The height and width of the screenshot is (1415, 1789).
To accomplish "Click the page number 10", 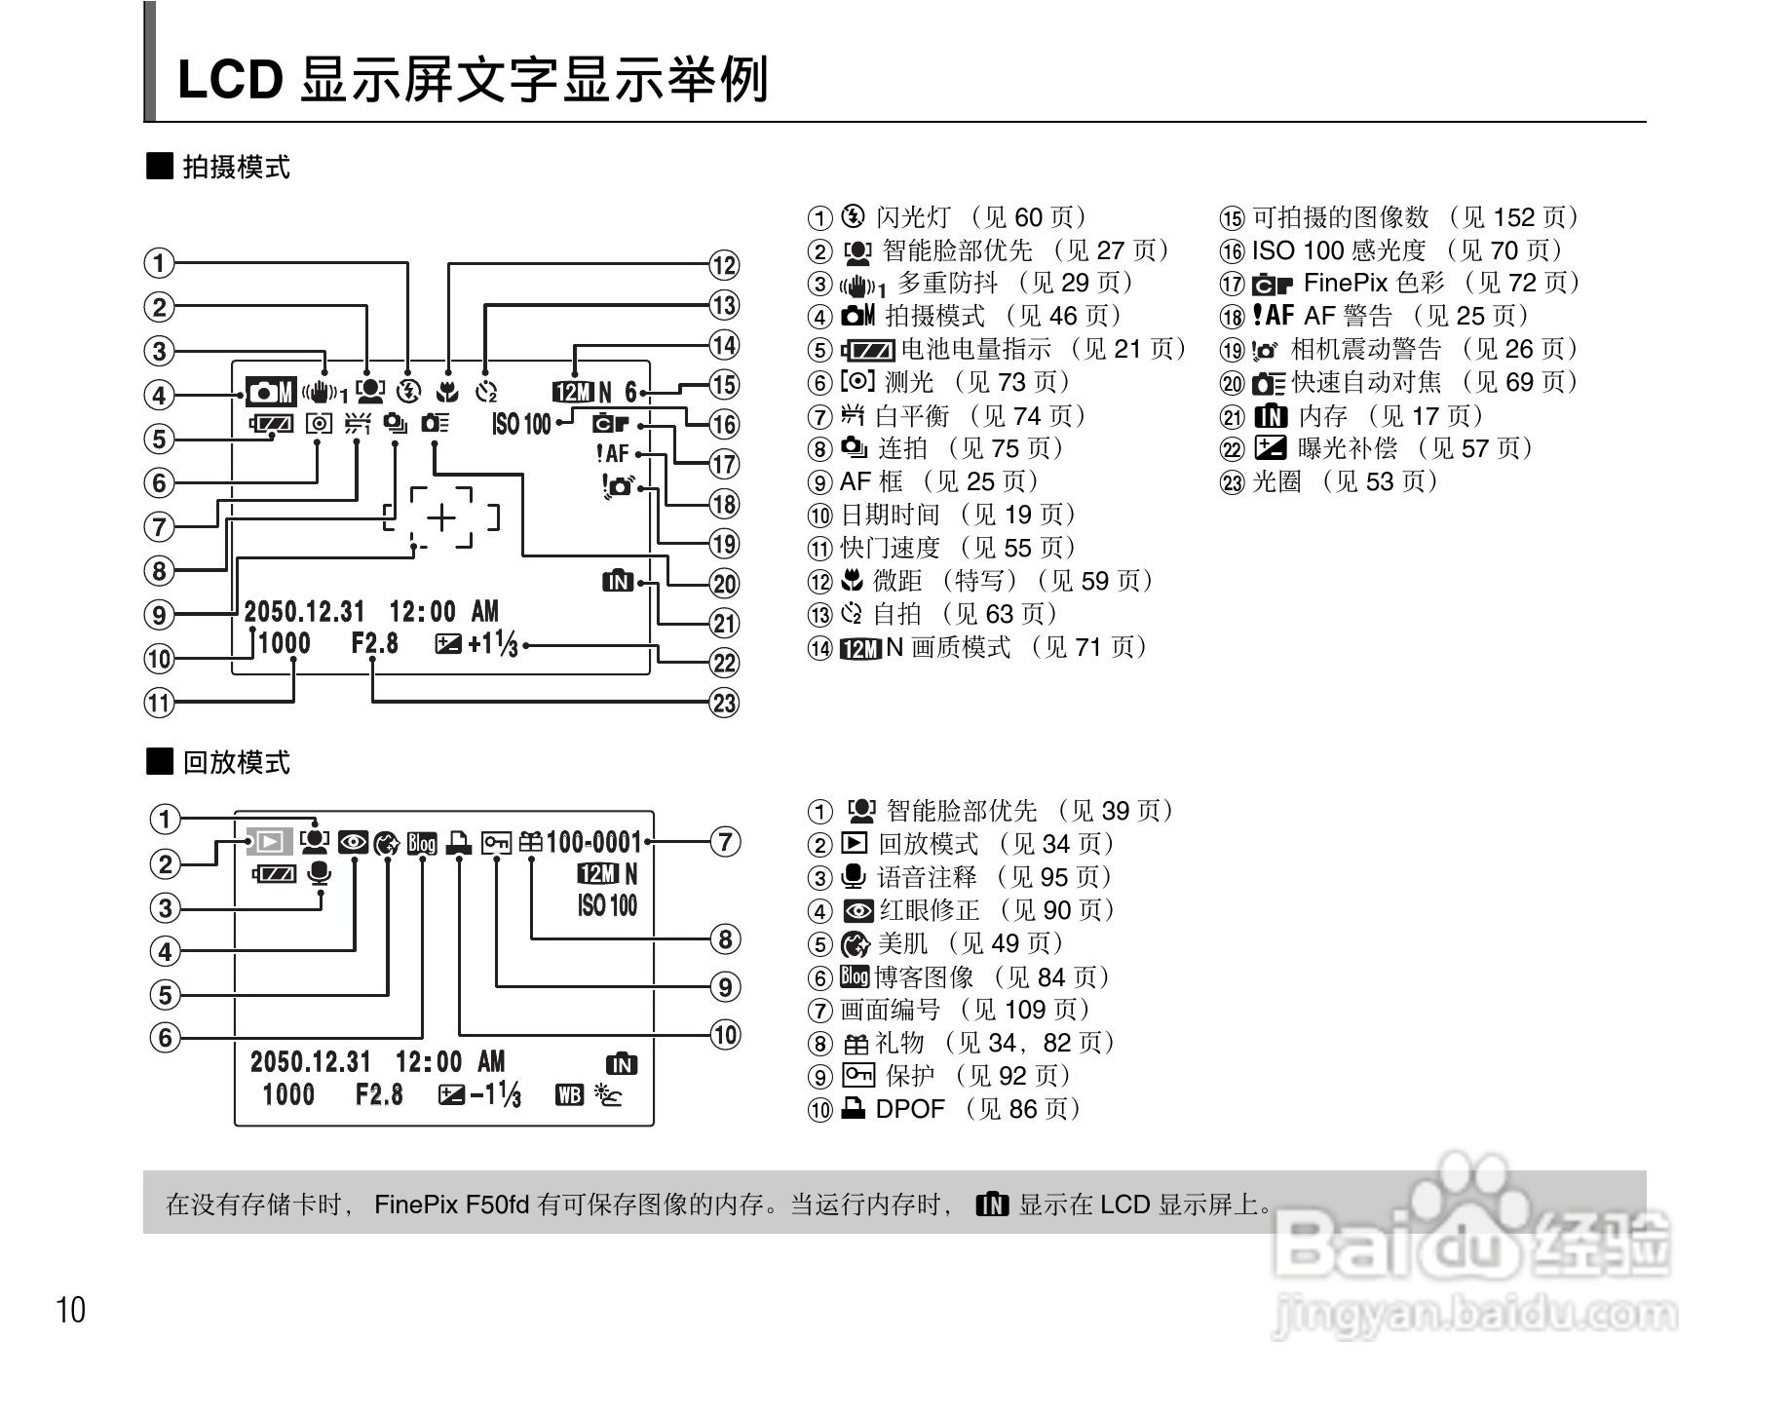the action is (x=71, y=1311).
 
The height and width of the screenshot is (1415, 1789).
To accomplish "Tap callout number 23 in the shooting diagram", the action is (x=724, y=703).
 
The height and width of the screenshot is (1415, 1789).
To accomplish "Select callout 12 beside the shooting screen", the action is (x=724, y=265).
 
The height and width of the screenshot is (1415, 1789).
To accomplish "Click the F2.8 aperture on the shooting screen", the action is (x=375, y=643).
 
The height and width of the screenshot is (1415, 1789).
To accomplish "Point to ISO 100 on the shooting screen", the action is (x=521, y=424).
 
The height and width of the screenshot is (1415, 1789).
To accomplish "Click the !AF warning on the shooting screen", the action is (x=613, y=454).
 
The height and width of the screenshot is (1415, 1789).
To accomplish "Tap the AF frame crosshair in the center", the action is (x=442, y=517).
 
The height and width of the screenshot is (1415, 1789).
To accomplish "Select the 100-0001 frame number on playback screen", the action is (x=593, y=842).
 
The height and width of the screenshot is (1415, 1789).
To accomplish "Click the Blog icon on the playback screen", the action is (x=422, y=842).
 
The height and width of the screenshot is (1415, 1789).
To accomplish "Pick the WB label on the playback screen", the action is (x=569, y=1095).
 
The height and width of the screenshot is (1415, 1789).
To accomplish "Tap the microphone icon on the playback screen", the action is (x=319, y=873).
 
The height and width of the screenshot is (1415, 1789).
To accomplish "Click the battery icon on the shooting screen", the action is (x=271, y=424).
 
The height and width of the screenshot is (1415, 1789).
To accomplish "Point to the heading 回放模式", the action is (x=236, y=762).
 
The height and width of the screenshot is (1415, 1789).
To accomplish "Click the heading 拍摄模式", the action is (x=236, y=168).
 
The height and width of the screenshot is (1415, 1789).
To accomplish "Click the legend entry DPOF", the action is (x=910, y=1109).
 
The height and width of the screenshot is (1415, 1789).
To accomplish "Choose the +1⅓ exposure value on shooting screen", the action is (x=493, y=644).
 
